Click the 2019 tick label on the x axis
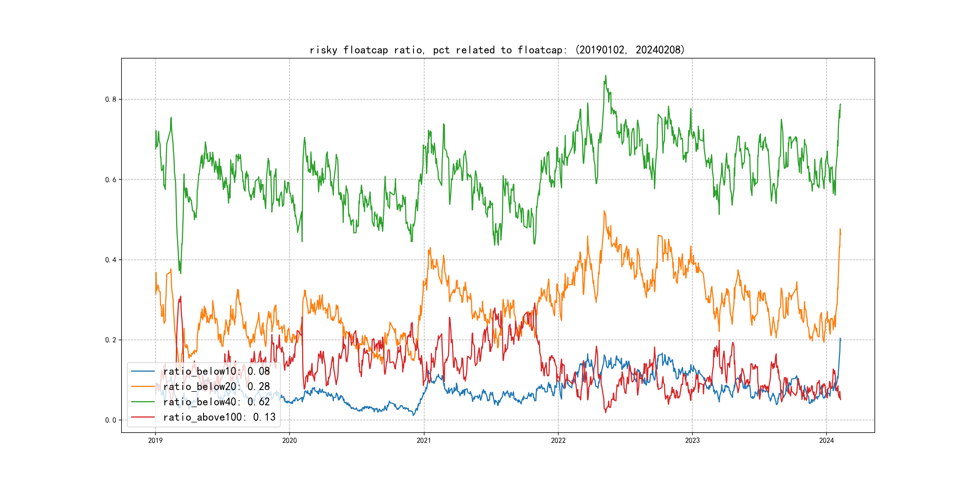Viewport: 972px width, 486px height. click(155, 440)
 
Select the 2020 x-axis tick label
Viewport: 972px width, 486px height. click(289, 440)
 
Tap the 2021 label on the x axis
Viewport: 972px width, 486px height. click(424, 440)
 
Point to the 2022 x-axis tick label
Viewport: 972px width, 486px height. click(558, 440)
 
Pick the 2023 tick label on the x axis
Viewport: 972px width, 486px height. click(692, 440)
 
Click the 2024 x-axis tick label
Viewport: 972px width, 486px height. click(826, 440)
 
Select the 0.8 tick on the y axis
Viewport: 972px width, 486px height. click(111, 100)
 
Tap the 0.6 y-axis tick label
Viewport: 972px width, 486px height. click(111, 180)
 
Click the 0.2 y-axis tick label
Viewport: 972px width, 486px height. click(111, 340)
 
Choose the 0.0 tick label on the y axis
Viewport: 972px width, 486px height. click(111, 420)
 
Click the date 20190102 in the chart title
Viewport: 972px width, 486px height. click(602, 50)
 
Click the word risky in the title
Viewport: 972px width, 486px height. click(323, 50)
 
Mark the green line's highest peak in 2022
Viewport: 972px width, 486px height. click(606, 76)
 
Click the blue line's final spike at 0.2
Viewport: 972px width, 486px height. click(840, 339)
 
